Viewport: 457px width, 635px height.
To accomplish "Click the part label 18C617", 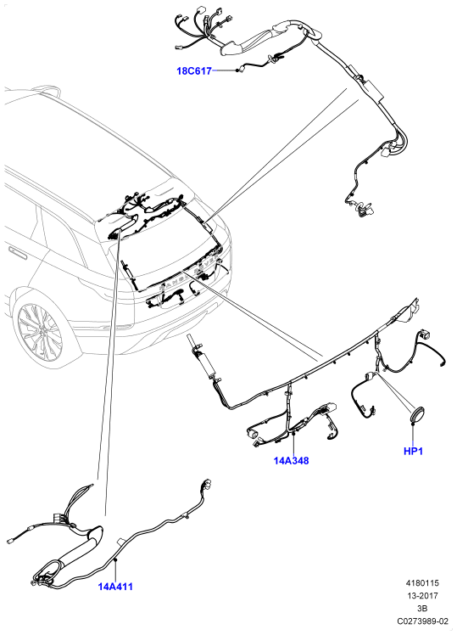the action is (x=194, y=70).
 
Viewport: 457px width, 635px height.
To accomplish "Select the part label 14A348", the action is (x=291, y=460).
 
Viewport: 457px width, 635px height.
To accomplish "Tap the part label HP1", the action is (x=413, y=451).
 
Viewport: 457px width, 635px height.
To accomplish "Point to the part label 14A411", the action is (x=115, y=586).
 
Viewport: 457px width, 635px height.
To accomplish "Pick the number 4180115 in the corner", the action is (x=422, y=583).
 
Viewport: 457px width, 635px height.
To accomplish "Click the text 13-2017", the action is (x=422, y=596).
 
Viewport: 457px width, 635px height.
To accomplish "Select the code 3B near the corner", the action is (x=422, y=609).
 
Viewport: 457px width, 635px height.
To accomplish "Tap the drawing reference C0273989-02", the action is (x=422, y=621).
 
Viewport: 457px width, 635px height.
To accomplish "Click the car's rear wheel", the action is (x=41, y=334).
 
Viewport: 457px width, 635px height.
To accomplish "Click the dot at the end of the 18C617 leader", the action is (x=237, y=70).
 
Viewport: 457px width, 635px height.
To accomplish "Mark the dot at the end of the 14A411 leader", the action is (x=115, y=559).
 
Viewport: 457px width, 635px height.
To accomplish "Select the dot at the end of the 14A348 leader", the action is (x=292, y=433).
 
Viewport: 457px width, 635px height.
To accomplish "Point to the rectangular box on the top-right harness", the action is (x=372, y=88).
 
